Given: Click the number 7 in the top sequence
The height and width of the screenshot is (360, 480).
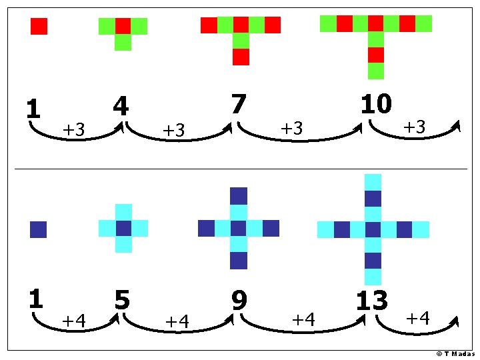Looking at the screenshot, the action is (238, 105).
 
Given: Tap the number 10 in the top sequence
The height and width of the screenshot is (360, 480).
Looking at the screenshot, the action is (376, 105).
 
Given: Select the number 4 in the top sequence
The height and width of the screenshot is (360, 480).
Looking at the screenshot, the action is (121, 107).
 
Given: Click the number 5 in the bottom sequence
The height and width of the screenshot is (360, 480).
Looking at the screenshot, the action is (122, 300).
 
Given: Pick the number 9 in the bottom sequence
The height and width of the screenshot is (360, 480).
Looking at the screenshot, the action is (239, 300).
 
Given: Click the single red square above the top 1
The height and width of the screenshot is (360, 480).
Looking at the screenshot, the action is (39, 26).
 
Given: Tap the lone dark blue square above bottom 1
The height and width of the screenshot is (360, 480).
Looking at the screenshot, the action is (38, 229).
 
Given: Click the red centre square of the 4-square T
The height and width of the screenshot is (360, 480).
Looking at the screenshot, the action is (123, 26).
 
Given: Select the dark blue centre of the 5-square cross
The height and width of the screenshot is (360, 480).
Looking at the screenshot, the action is (123, 228).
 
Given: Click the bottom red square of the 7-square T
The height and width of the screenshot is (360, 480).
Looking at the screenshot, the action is (241, 57).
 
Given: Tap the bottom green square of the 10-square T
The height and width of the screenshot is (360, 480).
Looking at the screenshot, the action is (376, 71).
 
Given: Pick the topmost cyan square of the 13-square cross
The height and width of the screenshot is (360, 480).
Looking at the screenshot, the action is (373, 182).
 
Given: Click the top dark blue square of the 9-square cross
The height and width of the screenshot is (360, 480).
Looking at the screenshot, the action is (239, 196).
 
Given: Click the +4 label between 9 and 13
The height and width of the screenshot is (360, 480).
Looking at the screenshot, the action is (303, 319).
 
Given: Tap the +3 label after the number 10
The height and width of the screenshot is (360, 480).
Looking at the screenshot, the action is (415, 127).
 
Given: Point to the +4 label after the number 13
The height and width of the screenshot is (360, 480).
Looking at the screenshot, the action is (417, 317).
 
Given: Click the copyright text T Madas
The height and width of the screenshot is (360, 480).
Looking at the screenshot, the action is (455, 353).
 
